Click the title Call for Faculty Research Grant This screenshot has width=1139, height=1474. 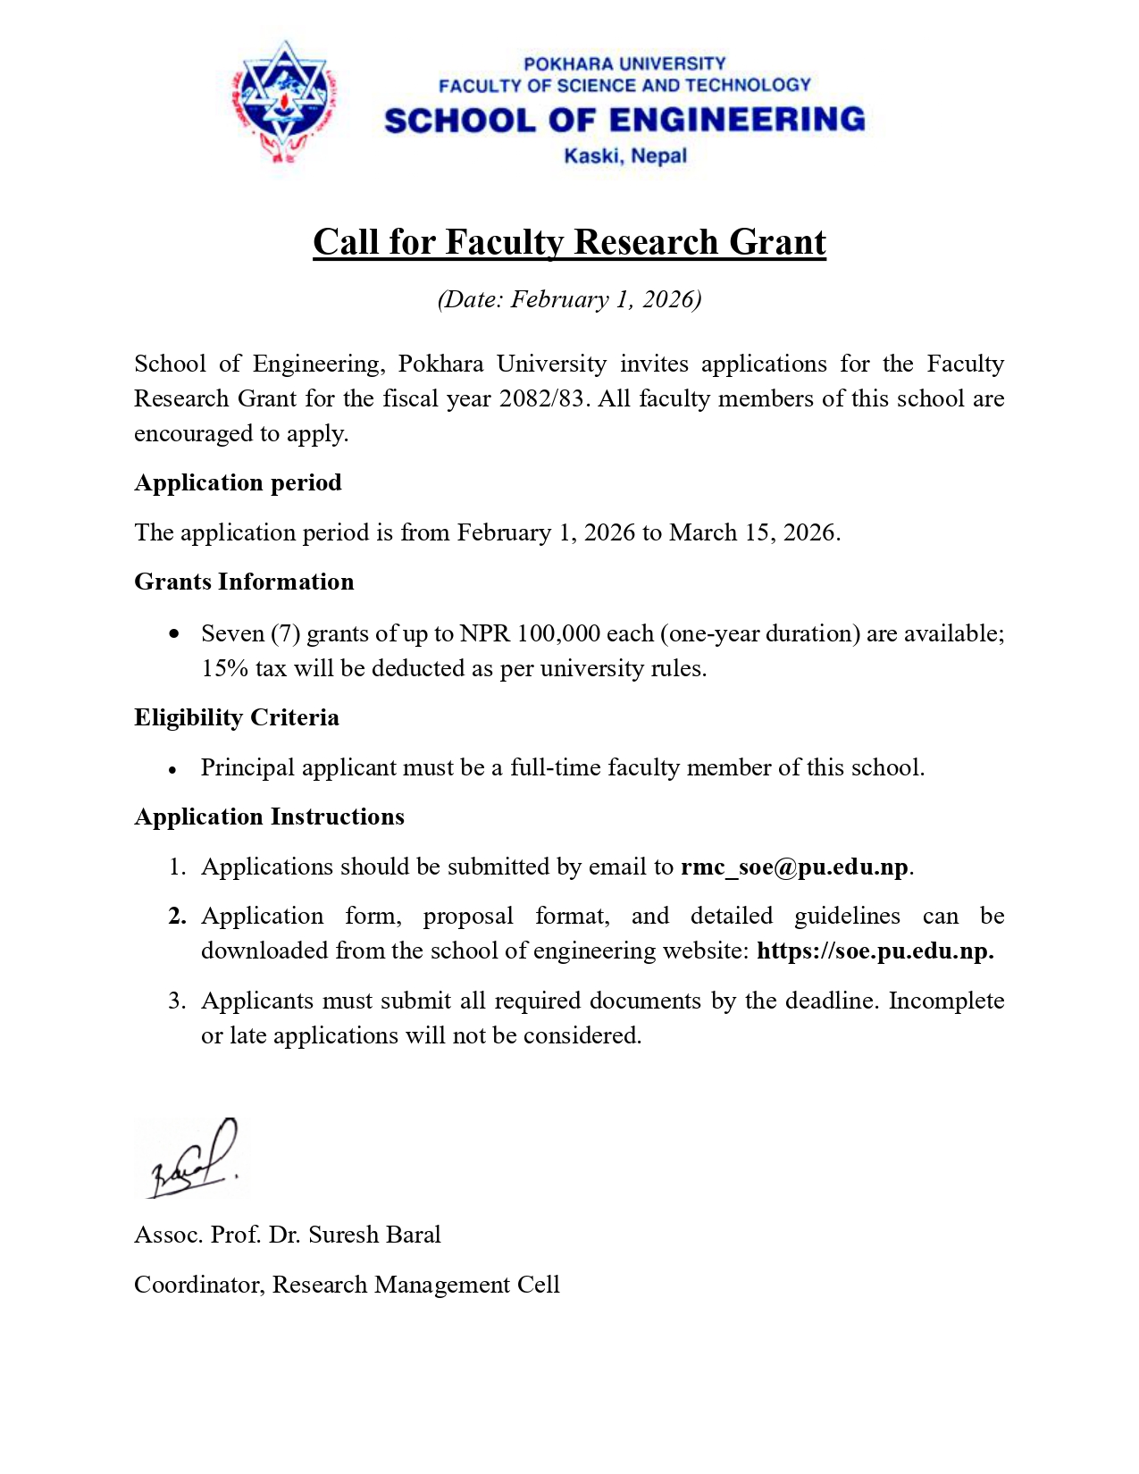[x=569, y=242]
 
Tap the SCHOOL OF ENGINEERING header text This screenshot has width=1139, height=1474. [x=624, y=120]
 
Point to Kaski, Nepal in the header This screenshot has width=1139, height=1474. [x=625, y=156]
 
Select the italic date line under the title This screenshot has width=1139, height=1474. [x=569, y=299]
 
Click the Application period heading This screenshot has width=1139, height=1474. [x=238, y=482]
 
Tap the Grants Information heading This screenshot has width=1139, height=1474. [x=244, y=582]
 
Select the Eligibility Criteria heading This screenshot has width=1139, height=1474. [x=237, y=717]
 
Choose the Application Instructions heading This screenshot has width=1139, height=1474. [x=269, y=817]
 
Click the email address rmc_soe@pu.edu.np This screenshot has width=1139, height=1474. [x=794, y=867]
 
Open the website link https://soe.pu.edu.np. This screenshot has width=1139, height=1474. [x=875, y=951]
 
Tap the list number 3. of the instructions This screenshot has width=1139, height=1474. [x=177, y=1001]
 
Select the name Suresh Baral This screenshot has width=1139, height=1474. [x=374, y=1235]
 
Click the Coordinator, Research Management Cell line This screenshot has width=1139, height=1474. [x=347, y=1285]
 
